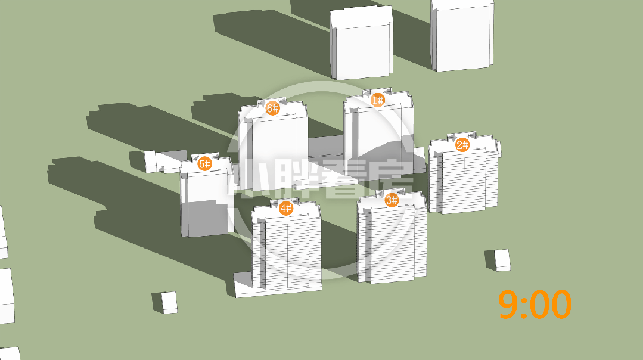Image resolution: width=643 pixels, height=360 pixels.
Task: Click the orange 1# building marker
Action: (x=378, y=100)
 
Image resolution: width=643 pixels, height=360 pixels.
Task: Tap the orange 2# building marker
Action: (x=462, y=145)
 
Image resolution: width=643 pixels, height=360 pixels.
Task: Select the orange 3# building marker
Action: (x=392, y=200)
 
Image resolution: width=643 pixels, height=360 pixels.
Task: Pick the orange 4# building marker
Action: (x=286, y=208)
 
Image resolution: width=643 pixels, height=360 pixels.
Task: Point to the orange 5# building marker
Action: (x=204, y=164)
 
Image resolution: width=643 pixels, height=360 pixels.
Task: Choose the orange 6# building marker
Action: (x=273, y=108)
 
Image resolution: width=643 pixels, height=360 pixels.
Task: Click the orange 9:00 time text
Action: (x=535, y=304)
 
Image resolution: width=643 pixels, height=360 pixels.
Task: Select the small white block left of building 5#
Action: (x=150, y=161)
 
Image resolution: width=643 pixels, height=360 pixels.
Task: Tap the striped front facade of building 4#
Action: (x=287, y=253)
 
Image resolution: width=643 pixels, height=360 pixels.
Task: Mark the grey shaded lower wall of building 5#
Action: (x=208, y=219)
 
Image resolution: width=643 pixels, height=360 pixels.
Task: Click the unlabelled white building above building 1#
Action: (x=362, y=44)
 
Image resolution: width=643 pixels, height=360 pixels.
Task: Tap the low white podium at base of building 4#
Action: (x=246, y=285)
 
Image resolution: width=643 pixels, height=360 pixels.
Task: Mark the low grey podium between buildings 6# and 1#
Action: (x=325, y=148)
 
